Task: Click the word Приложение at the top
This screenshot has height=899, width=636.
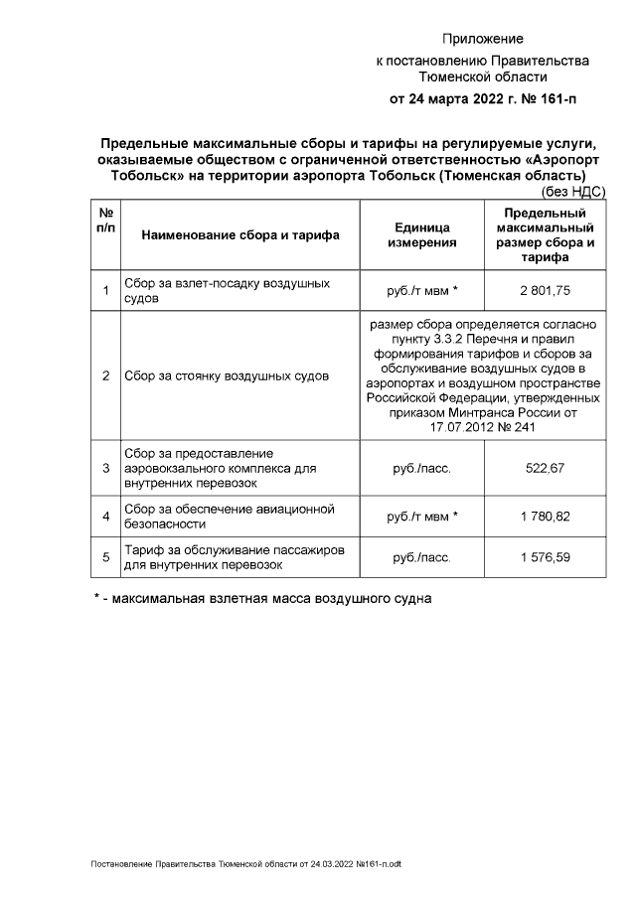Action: pos(482,39)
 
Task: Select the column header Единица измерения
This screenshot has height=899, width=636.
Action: pos(421,234)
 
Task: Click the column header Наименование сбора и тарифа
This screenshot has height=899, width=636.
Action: pos(240,235)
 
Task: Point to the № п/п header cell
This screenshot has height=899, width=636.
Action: pos(105,221)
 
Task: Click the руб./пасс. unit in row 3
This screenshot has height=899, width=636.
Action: pos(421,468)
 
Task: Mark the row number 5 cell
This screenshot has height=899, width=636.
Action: pos(105,558)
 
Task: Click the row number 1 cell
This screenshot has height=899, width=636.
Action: pos(105,290)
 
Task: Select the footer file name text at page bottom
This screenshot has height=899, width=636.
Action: pos(245,864)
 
